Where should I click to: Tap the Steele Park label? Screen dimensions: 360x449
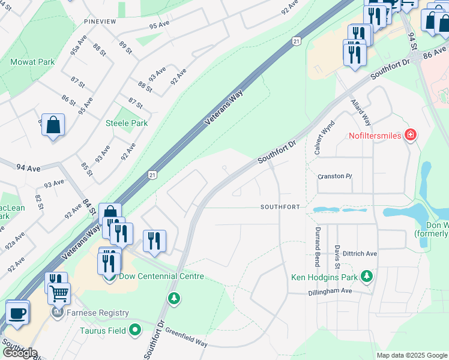point(126,123)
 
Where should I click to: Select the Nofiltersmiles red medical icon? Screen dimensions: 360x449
point(411,135)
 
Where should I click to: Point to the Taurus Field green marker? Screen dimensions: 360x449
point(136,329)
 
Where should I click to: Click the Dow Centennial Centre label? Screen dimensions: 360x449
point(161,276)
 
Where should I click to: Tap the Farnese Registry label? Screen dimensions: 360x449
point(98,313)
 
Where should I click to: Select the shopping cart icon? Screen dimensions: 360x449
point(59,293)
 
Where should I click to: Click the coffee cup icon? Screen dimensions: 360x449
point(17,312)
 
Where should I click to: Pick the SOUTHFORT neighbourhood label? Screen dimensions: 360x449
point(280,207)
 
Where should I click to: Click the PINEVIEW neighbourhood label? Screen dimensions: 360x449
point(100,22)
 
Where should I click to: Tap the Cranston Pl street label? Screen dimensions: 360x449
point(334,176)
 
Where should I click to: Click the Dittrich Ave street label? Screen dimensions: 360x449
point(357,254)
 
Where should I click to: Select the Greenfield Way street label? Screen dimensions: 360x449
point(186,337)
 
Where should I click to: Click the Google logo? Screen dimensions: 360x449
point(19,353)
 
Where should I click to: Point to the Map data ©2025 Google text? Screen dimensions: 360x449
point(411,355)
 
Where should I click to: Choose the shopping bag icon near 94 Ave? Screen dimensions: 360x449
point(53,125)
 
